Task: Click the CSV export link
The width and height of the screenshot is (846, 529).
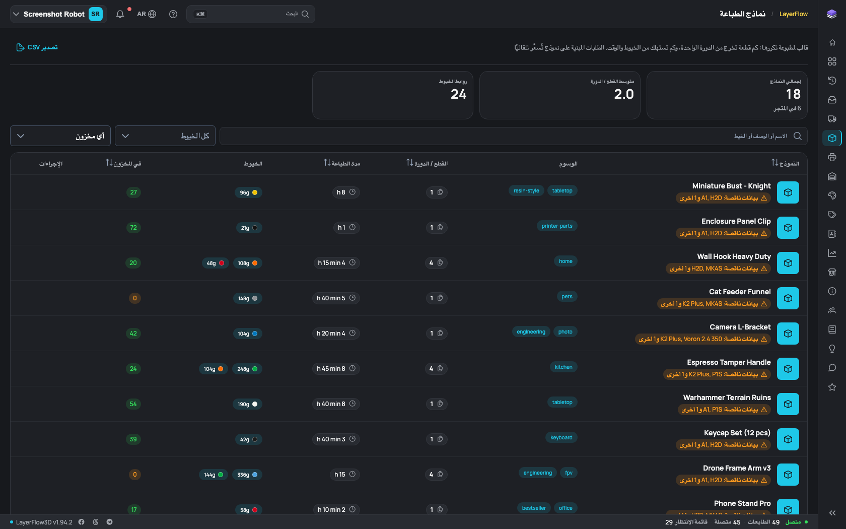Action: pos(37,47)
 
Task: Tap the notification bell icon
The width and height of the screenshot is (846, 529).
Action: pos(120,14)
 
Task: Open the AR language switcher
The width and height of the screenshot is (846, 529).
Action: pos(147,14)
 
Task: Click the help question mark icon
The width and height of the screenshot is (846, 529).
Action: pos(173,14)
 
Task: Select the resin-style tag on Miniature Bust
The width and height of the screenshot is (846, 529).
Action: pos(526,191)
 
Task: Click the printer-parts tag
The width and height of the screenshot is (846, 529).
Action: pos(557,226)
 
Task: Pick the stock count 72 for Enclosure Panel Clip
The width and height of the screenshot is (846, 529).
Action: pos(133,228)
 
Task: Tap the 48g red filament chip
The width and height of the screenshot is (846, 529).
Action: pos(216,263)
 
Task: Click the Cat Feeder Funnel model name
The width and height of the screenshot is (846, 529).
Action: pos(739,292)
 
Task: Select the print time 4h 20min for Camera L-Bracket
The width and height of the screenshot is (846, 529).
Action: pos(336,334)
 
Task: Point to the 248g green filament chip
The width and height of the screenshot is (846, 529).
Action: pos(247,369)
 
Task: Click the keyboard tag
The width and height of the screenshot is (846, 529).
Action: pos(561,437)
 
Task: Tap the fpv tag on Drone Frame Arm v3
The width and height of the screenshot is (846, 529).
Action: pos(569,473)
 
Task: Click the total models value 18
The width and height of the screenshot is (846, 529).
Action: pos(793,94)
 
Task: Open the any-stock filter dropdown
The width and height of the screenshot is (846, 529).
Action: pos(60,136)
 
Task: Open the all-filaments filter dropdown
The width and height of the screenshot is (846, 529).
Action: pos(165,136)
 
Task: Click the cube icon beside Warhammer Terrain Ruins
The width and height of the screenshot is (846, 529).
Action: pos(788,404)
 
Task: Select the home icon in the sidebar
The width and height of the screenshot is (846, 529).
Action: pos(832,42)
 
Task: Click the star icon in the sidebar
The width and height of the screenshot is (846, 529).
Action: pos(832,387)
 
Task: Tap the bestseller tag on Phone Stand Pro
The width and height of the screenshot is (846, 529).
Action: pos(534,508)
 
